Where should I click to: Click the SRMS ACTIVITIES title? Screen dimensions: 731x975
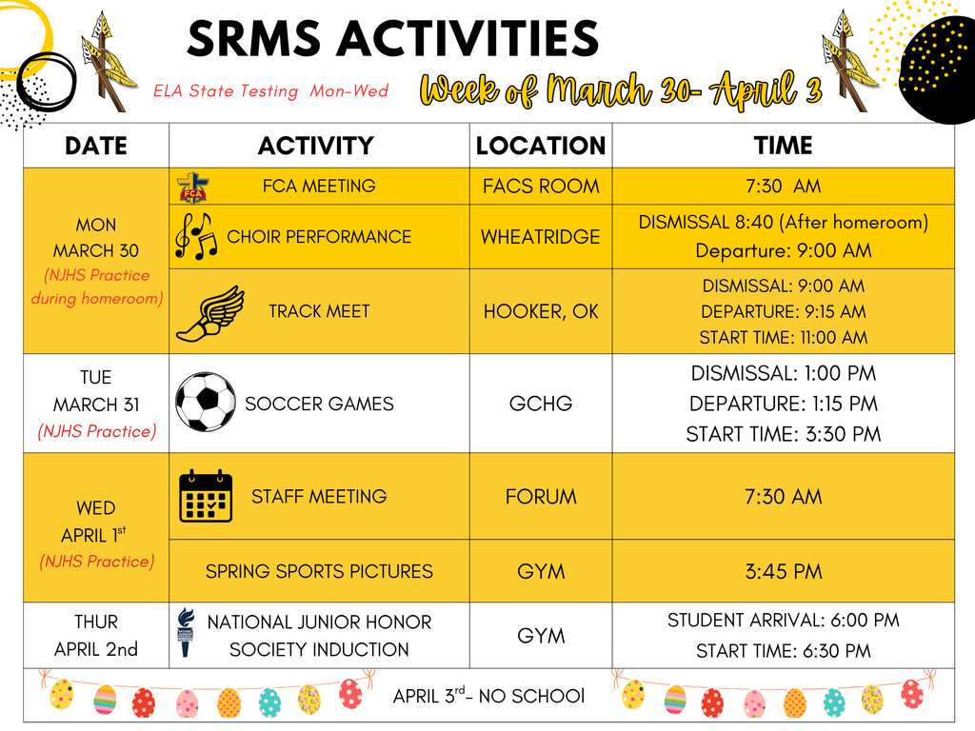coord(392,39)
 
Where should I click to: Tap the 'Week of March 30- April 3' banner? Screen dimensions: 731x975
coord(621,90)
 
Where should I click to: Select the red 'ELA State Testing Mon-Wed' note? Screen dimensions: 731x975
coord(270,91)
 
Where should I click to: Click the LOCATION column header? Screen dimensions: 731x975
coord(541,146)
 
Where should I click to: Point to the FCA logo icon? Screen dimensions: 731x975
coord(194,187)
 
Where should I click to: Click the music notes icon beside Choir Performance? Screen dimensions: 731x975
coord(196,236)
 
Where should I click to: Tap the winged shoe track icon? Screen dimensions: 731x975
coord(209,312)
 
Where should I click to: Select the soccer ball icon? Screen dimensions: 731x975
coord(206,402)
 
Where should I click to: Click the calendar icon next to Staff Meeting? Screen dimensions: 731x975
coord(206,496)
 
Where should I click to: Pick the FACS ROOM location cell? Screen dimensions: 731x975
coord(541,187)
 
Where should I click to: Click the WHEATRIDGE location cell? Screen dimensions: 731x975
coord(541,236)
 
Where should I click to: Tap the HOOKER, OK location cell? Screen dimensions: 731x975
coord(541,311)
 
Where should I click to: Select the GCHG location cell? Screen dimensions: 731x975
coord(541,404)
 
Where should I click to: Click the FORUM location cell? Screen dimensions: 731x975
coord(541,497)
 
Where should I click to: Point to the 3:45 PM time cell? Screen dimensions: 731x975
coord(783,572)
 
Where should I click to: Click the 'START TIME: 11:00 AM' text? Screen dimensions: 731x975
coord(783,337)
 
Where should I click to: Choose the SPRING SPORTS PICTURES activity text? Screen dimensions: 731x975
coord(319,572)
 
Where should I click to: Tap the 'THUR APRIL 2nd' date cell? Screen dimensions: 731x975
coord(96,635)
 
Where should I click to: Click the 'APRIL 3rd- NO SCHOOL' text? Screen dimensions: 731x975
coord(489,696)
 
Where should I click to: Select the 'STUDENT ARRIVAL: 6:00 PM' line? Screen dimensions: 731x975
coord(783,621)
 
